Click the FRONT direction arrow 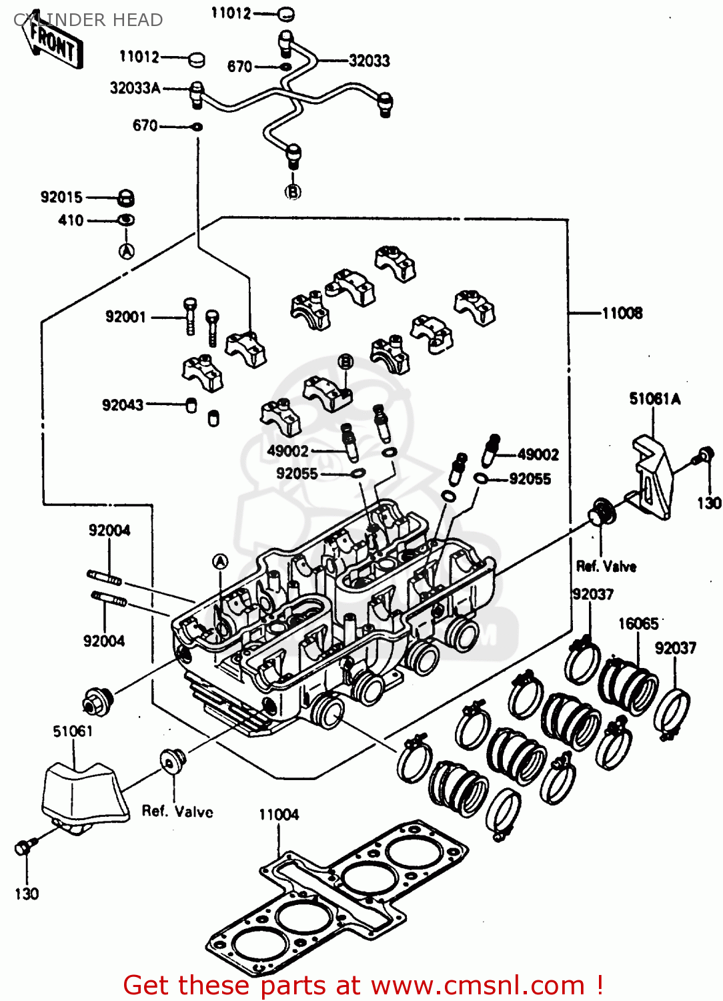coord(55,45)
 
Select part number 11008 coord(622,313)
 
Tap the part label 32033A coord(135,88)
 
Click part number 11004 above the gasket coord(279,815)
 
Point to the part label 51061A coord(655,399)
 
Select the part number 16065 coord(638,624)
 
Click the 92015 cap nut coord(126,198)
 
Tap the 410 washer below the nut coord(126,220)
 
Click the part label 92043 coord(122,405)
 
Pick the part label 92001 coord(125,317)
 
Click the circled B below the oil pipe coord(293,192)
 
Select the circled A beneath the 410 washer coord(127,251)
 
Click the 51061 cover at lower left coord(83,794)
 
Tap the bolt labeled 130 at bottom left coord(23,848)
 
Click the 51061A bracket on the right coord(654,474)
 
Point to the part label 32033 coord(369,61)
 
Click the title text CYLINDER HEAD coord(88,20)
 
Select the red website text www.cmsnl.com coord(478,985)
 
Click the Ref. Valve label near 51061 coord(177,812)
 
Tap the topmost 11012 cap coord(285,13)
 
